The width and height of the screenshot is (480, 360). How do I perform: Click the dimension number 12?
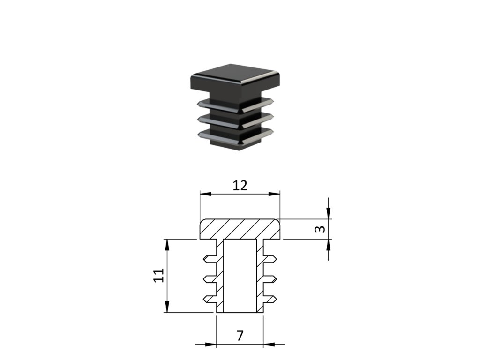point(240,186)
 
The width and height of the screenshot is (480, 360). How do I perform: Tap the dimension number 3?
point(320,229)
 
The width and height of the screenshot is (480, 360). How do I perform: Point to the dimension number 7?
point(240,336)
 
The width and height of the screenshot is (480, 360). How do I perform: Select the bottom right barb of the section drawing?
point(271,299)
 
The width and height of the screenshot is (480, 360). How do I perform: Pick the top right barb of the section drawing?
point(271,259)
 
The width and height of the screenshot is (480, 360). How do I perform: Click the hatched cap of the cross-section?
point(240,229)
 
